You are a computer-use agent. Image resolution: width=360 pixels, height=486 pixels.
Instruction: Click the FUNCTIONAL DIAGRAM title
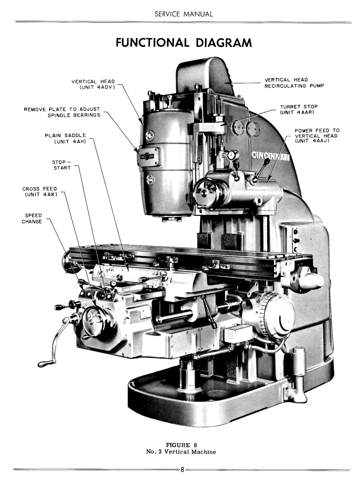tap(183, 42)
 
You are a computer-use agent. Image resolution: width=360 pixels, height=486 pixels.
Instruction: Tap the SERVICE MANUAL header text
tap(183, 14)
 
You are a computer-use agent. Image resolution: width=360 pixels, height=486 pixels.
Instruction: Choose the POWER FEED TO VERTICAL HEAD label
tap(317, 135)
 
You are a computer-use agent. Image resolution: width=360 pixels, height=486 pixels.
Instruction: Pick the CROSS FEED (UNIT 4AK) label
tap(40, 191)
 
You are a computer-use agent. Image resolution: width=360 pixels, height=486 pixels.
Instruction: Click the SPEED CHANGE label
tap(32, 218)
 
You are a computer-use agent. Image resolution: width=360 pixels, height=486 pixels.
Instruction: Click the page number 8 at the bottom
tap(182, 470)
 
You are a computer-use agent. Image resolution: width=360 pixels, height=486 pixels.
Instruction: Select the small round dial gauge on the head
tap(233, 155)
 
